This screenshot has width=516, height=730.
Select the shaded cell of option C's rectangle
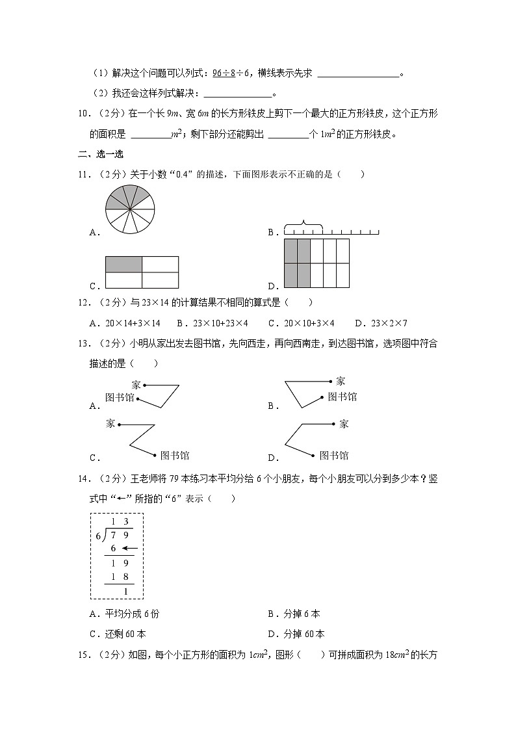point(123,264)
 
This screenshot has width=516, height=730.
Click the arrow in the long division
point(129,549)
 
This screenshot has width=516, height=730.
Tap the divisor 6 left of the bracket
point(98,536)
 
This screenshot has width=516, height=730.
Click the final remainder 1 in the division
point(125,591)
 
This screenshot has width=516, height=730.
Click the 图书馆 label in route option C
point(174,456)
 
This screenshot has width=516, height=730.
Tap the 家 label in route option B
point(341,382)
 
